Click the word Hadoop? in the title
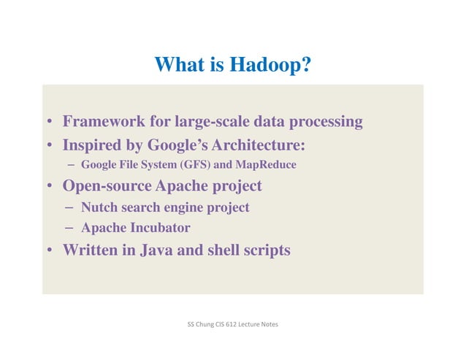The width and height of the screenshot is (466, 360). (x=272, y=65)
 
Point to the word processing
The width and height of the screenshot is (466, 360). (x=326, y=121)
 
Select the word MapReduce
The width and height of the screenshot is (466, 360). (x=266, y=164)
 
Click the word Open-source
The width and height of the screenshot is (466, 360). (x=107, y=185)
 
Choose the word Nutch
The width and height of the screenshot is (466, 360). (x=100, y=207)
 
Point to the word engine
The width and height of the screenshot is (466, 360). (x=176, y=207)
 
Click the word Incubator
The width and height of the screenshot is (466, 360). (x=158, y=228)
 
